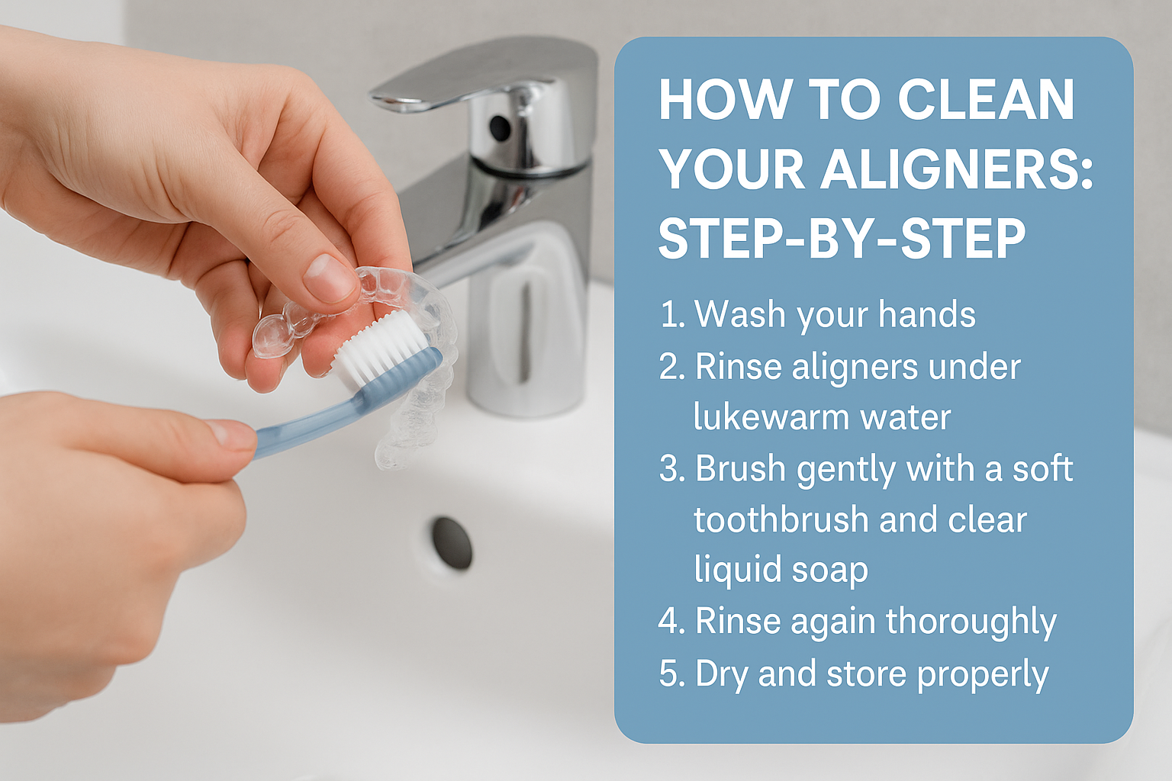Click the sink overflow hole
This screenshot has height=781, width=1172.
click(452, 543)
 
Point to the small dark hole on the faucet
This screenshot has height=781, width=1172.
click(500, 127)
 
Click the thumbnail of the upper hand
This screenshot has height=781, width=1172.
click(329, 278)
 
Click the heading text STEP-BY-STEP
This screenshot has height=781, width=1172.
click(842, 238)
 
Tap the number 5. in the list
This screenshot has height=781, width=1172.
click(672, 674)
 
